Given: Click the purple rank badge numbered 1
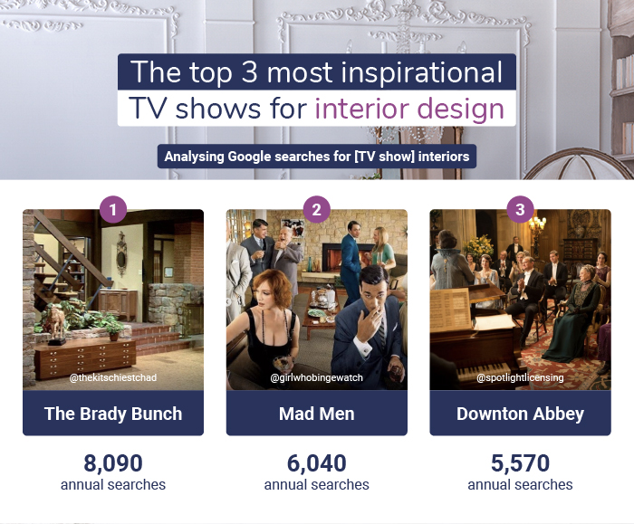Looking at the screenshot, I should click(112, 210).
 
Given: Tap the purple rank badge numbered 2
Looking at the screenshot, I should click(316, 210).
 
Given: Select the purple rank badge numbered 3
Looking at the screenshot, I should click(519, 210).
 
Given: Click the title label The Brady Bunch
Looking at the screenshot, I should click(113, 414).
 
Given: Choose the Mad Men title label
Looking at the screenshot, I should click(316, 414).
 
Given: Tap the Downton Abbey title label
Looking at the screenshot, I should click(520, 414).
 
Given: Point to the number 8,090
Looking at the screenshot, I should click(113, 463).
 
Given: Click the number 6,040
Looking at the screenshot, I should click(316, 463).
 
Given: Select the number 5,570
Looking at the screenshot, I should click(520, 463).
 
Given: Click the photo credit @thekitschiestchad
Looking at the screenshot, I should click(113, 377).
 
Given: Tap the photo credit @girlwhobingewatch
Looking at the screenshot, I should click(316, 377).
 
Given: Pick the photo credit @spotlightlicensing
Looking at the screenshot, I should click(520, 377).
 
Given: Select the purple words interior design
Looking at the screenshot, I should click(408, 109).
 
